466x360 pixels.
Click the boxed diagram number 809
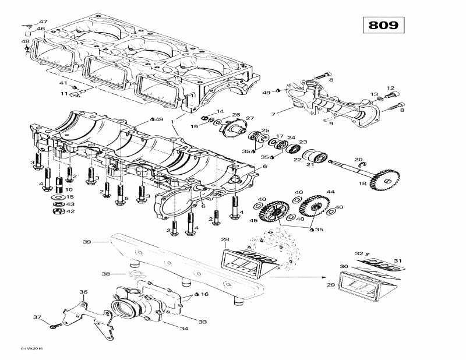pyautogui.click(x=383, y=25)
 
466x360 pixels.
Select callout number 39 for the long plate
pyautogui.click(x=87, y=241)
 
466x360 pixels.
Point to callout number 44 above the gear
pyautogui.click(x=330, y=192)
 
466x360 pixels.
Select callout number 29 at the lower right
pyautogui.click(x=330, y=285)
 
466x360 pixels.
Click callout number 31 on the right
pyautogui.click(x=397, y=260)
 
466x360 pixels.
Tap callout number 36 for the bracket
pyautogui.click(x=83, y=292)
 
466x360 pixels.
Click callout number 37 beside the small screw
pyautogui.click(x=37, y=317)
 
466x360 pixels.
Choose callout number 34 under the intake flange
pyautogui.click(x=184, y=329)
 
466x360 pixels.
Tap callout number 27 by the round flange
pyautogui.click(x=250, y=118)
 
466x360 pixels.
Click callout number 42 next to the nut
pyautogui.click(x=70, y=211)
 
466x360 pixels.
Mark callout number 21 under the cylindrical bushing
pyautogui.click(x=310, y=164)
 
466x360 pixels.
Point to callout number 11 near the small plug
pyautogui.click(x=65, y=93)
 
